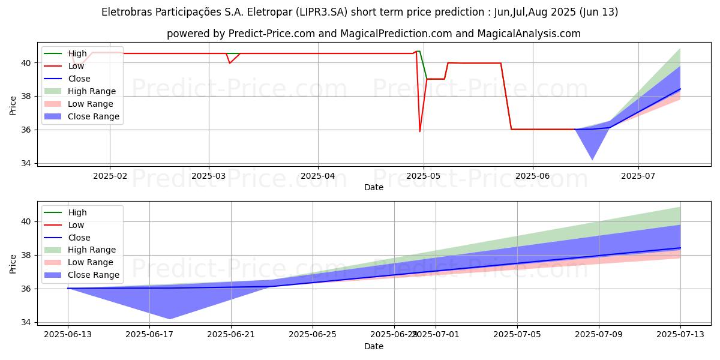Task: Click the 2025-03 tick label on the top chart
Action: click(x=209, y=176)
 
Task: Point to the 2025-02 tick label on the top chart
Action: click(x=110, y=176)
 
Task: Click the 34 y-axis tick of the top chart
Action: click(x=26, y=163)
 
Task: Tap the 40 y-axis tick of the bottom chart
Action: click(x=26, y=221)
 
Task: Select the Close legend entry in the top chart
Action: click(x=79, y=79)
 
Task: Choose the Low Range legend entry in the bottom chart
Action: click(x=91, y=263)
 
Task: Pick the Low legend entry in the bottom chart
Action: click(x=76, y=225)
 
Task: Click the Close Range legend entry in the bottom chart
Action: click(x=94, y=275)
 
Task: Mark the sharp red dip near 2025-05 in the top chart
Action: click(x=420, y=131)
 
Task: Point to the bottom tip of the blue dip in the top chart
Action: click(x=592, y=160)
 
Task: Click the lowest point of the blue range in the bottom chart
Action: click(x=170, y=319)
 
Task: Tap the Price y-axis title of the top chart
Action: click(x=13, y=105)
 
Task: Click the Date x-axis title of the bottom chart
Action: click(x=374, y=346)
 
